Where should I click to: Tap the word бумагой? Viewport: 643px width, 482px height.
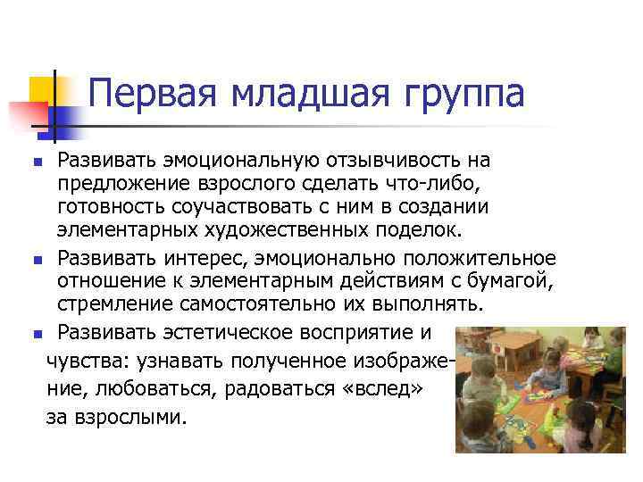[516, 282]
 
